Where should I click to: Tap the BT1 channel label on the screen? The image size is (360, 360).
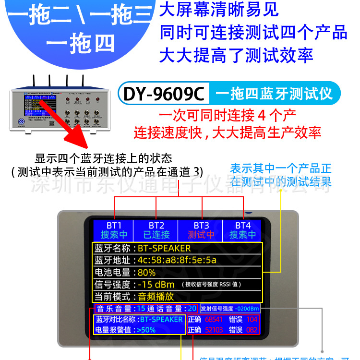tap(114, 225)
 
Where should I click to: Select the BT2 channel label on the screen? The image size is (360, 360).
tap(156, 225)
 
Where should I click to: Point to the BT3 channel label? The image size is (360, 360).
tap(201, 225)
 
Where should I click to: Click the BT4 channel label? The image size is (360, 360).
tap(243, 225)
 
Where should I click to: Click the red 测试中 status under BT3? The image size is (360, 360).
tap(201, 235)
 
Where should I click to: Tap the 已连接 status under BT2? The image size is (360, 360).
tap(156, 235)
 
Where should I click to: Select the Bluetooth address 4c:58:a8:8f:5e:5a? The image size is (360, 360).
tap(177, 260)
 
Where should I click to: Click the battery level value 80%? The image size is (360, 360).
tap(146, 272)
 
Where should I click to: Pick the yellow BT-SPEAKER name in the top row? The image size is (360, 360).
tap(164, 248)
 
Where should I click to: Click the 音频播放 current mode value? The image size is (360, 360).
tap(156, 296)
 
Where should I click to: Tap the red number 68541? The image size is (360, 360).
tap(214, 319)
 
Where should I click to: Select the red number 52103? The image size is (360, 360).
tap(214, 330)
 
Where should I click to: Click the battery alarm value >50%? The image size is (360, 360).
tap(146, 330)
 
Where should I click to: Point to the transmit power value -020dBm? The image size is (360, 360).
tap(247, 309)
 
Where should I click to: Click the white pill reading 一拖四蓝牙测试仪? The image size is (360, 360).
tap(274, 94)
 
